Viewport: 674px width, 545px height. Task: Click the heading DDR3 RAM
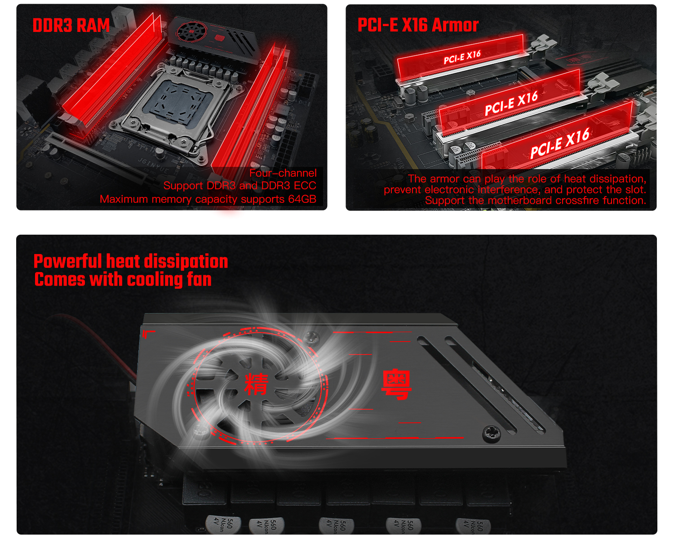click(x=71, y=25)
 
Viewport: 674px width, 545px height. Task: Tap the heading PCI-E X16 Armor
click(x=418, y=25)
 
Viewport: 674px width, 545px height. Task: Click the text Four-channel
click(x=283, y=173)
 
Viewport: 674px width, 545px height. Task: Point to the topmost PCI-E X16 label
click(x=462, y=57)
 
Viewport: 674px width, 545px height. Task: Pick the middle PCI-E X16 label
click(x=511, y=103)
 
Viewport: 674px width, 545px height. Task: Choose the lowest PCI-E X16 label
click(x=560, y=143)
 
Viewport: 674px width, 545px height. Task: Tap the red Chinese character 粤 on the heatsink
click(x=396, y=384)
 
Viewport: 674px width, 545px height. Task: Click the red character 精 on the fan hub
click(x=256, y=384)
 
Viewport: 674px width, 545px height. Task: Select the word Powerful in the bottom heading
click(x=68, y=262)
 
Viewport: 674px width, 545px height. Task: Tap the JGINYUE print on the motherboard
click(x=153, y=165)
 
